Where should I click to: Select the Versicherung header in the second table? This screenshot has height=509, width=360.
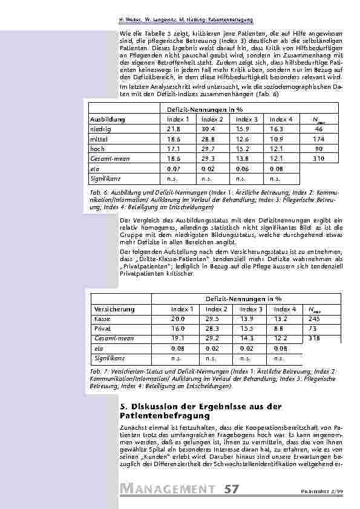click(114, 309)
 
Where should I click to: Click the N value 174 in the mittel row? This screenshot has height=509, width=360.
click(319, 139)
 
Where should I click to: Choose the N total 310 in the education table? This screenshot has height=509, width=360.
click(319, 158)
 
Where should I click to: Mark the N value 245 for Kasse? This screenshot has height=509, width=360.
click(314, 319)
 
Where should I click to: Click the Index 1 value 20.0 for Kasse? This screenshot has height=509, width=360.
click(178, 319)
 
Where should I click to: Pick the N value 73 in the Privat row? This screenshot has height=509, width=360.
click(312, 329)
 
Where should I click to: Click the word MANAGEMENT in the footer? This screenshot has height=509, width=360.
click(167, 488)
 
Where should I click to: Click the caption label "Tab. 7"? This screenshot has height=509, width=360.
click(97, 371)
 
